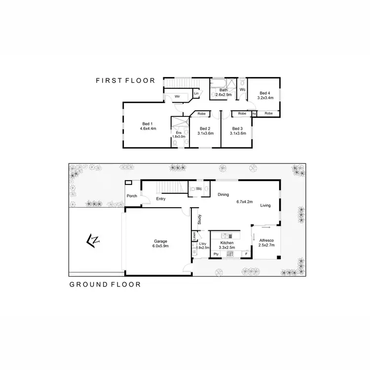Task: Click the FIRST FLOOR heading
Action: [x=125, y=80]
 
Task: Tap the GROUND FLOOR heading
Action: [x=105, y=284]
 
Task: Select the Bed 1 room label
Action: [x=148, y=123]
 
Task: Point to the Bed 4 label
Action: [x=265, y=93]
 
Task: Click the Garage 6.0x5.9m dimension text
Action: [x=160, y=246]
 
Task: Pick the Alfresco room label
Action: [x=266, y=240]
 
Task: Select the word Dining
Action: [x=223, y=194]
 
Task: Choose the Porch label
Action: [x=132, y=196]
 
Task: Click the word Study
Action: [x=199, y=219]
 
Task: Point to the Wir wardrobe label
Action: [x=177, y=96]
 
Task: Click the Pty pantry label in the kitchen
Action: [x=216, y=254]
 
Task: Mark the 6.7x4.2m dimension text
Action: [x=244, y=201]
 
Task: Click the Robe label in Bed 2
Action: [x=201, y=114]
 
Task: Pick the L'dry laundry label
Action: [x=202, y=244]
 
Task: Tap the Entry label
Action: [x=160, y=199]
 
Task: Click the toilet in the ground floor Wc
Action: [x=192, y=189]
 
